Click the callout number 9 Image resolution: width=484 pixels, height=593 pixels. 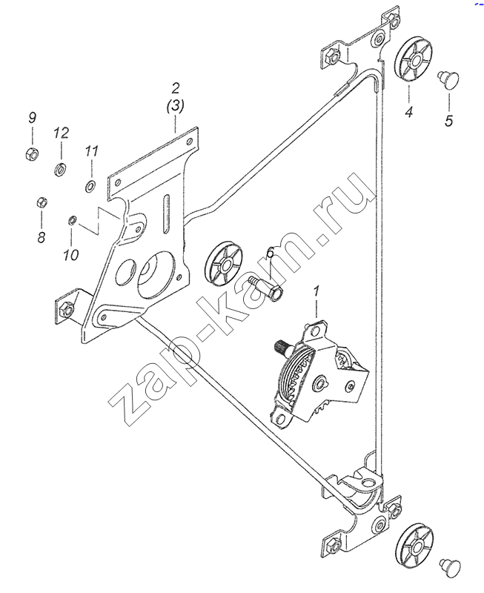click(33, 118)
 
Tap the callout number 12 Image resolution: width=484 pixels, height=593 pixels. click(62, 133)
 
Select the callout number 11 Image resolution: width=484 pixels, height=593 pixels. click(91, 151)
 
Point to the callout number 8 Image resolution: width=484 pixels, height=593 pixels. click(42, 237)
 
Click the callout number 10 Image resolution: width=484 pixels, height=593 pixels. click(71, 255)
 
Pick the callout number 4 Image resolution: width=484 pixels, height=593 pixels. click(409, 112)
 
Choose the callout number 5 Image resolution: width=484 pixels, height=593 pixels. click(449, 121)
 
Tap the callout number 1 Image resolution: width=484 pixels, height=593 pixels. click(316, 292)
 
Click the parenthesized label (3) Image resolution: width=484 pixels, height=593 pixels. click(176, 106)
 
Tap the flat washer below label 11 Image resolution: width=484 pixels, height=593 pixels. click(90, 186)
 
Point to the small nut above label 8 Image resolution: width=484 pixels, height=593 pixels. click(42, 202)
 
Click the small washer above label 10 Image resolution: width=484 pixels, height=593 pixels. click(72, 219)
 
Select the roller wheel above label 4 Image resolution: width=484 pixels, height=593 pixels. click(414, 59)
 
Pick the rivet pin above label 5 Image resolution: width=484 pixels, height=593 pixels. click(449, 79)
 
